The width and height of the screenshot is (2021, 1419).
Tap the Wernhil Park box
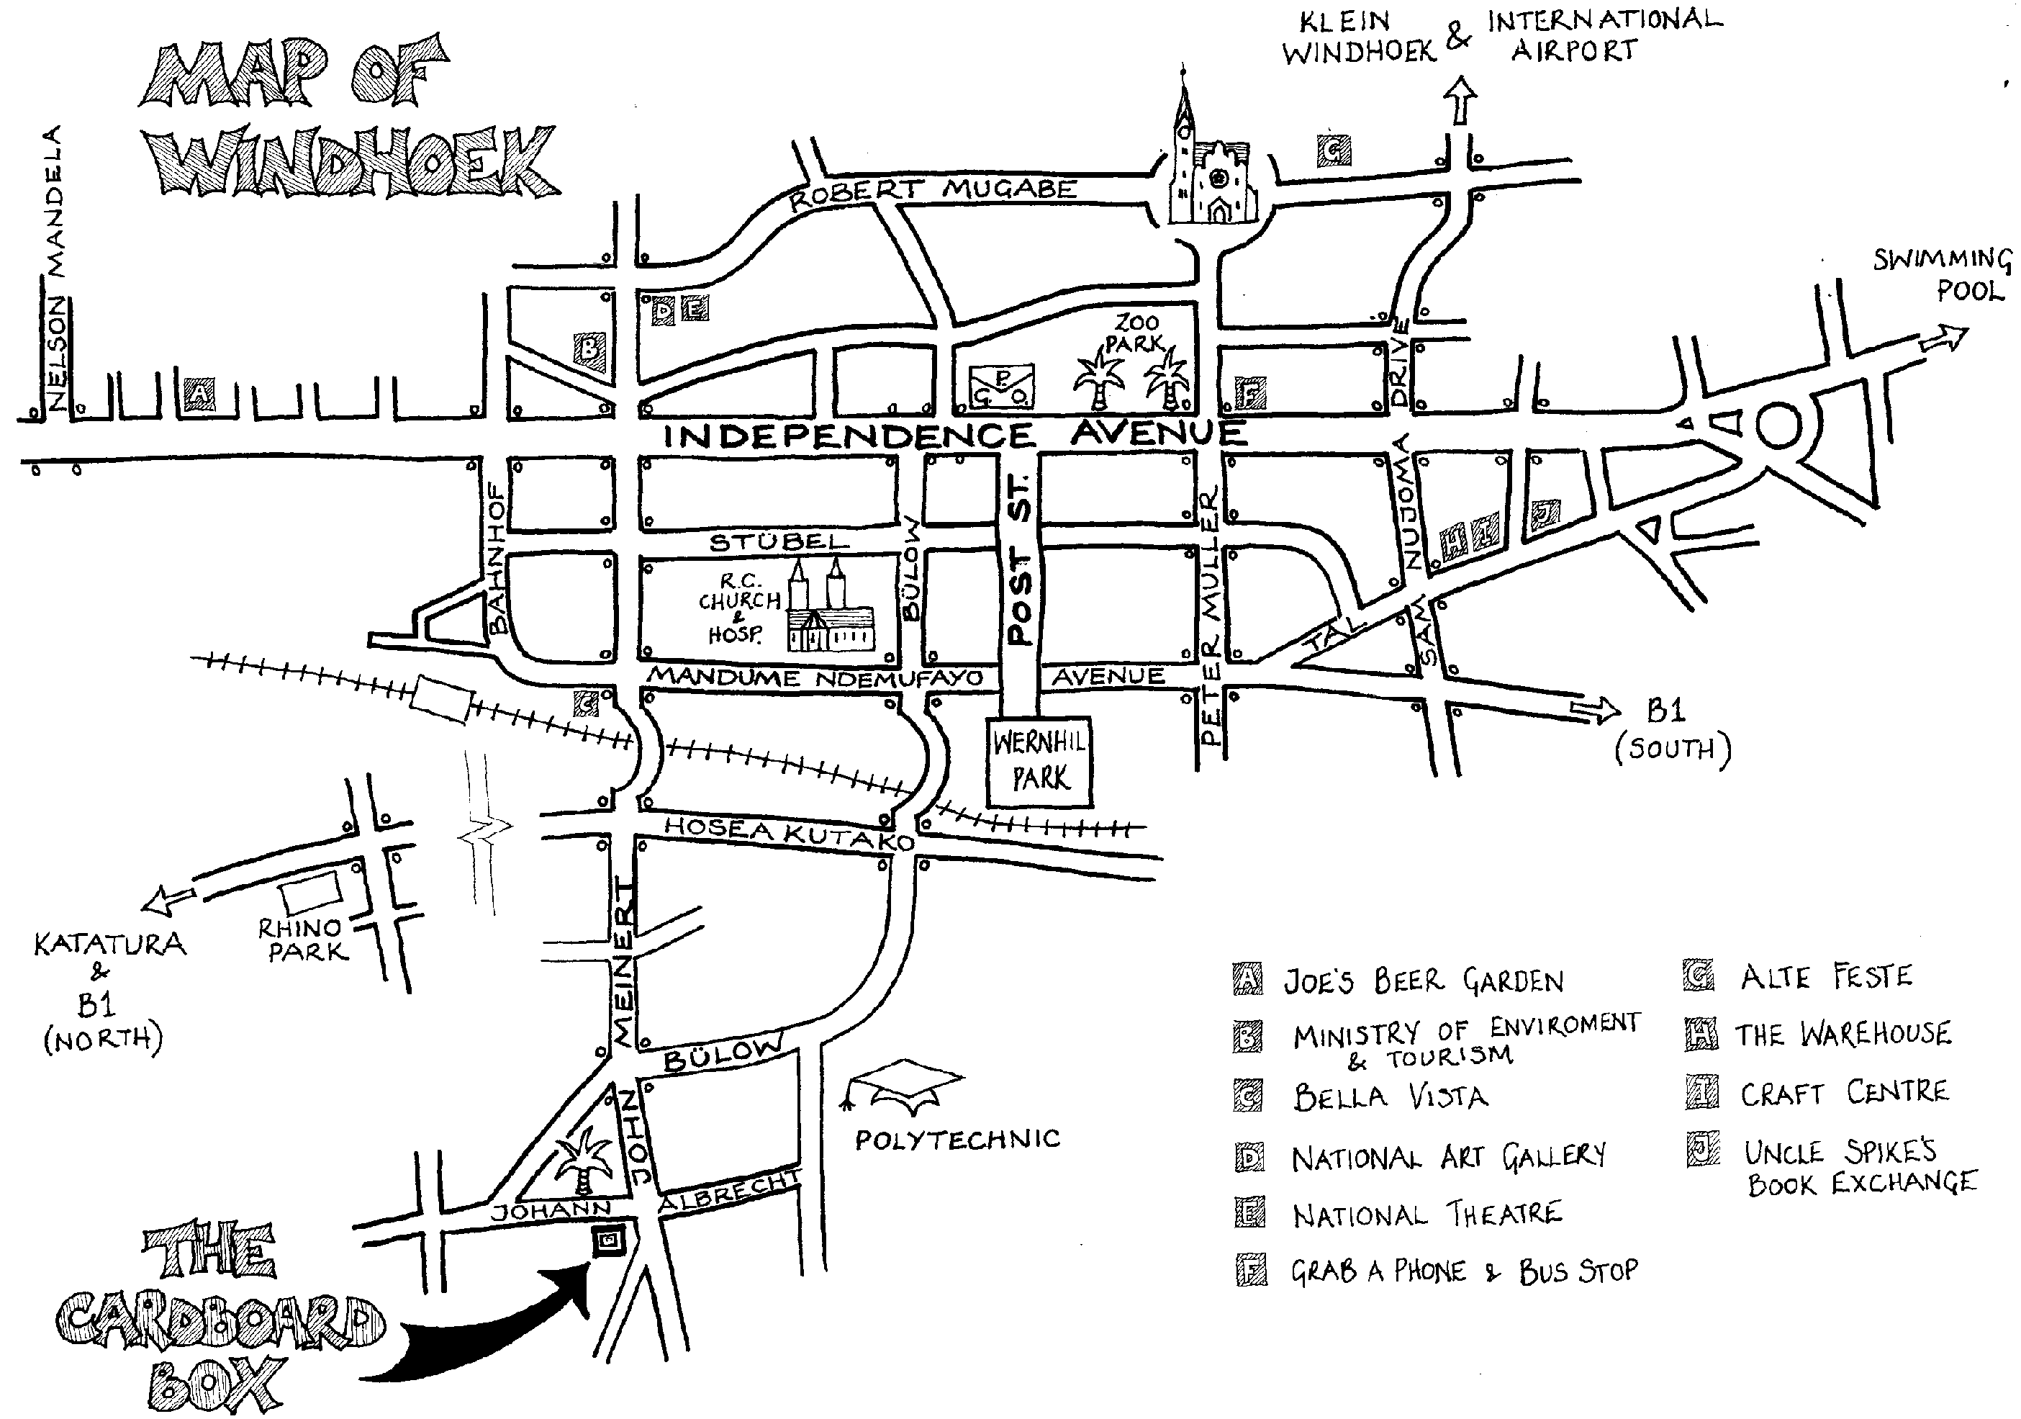[1039, 762]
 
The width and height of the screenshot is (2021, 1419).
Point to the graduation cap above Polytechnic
[905, 1084]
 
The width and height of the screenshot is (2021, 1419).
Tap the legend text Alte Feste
[1827, 976]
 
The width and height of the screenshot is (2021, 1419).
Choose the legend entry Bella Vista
[1391, 1096]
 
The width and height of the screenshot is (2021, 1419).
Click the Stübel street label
[779, 542]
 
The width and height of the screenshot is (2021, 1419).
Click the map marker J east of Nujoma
[1545, 513]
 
